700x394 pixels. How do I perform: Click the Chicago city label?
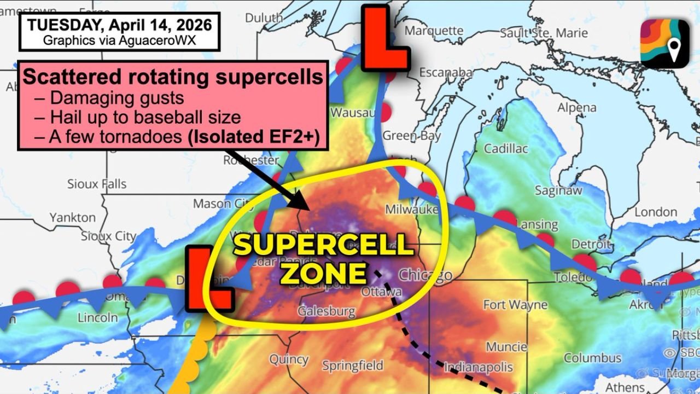[425, 274]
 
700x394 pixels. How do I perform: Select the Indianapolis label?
[479, 367]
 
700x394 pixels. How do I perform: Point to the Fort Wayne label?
[515, 305]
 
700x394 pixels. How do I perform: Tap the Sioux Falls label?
[97, 184]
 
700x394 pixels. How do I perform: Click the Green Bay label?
[412, 136]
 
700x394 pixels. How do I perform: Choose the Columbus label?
[593, 358]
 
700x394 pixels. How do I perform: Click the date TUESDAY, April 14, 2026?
[120, 25]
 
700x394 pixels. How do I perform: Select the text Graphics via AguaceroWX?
[120, 40]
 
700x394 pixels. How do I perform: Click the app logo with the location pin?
[664, 44]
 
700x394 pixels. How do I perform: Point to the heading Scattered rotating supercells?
[173, 77]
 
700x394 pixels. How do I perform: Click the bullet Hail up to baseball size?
[145, 118]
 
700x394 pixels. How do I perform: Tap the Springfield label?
[353, 366]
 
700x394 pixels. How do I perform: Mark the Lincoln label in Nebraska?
[98, 317]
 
